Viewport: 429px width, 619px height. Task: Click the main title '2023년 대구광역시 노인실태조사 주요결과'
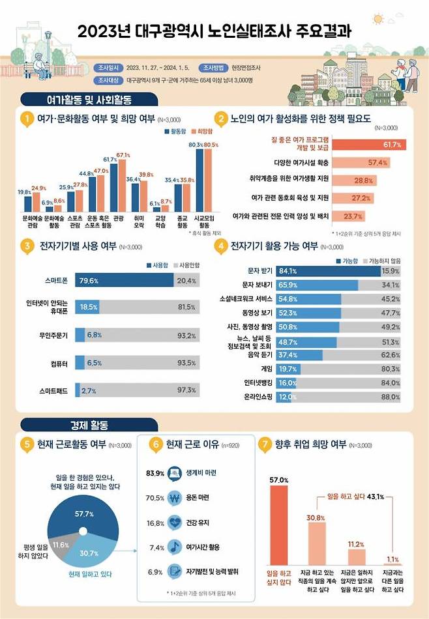(x=214, y=31)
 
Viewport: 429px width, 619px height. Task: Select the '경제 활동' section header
(x=80, y=425)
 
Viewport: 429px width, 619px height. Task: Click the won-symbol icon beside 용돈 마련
(x=174, y=498)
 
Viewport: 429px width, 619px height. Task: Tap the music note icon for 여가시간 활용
(x=174, y=547)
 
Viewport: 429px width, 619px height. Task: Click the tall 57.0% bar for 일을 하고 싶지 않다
(x=278, y=525)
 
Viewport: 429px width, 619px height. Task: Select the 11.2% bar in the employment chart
(x=355, y=557)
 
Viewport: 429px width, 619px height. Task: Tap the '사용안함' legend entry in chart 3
(x=186, y=265)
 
